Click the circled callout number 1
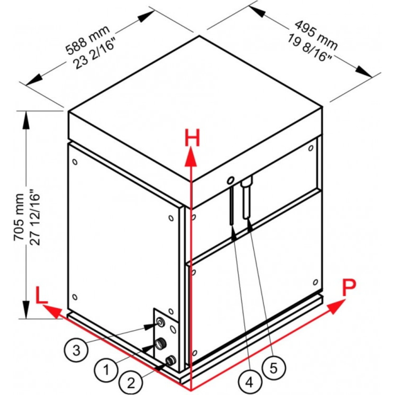(x=106, y=370)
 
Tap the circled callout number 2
(x=131, y=383)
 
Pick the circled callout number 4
(x=249, y=382)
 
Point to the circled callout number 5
(x=273, y=367)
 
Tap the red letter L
(x=41, y=295)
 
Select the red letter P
(x=349, y=287)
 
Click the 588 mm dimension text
(x=88, y=40)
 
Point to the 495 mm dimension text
(x=316, y=35)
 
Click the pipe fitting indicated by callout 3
(x=160, y=322)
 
